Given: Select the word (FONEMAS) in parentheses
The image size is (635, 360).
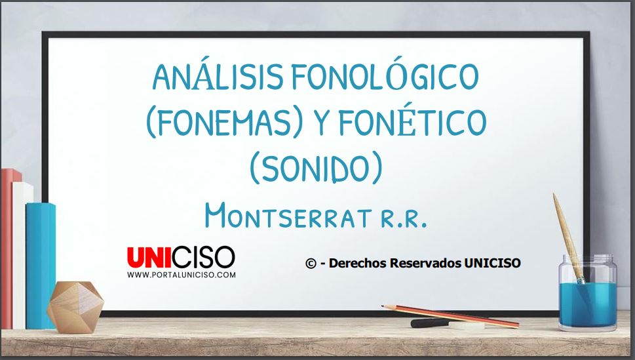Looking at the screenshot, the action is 224,121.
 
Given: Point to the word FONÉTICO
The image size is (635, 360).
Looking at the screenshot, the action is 412,121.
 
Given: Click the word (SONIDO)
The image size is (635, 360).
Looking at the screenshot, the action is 316,167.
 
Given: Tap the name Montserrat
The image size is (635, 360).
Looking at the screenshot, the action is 288,216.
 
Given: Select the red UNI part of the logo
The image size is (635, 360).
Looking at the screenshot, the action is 149,258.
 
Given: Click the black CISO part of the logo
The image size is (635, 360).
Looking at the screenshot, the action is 203,257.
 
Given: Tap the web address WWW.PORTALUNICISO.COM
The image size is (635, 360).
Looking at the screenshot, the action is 182,275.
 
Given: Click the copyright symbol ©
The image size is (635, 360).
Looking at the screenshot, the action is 311,264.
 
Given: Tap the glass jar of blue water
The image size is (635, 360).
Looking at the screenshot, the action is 588,292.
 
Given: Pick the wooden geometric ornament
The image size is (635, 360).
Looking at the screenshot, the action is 75,307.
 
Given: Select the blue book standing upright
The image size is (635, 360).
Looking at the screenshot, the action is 41,266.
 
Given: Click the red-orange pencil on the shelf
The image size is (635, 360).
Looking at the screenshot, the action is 450,316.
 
